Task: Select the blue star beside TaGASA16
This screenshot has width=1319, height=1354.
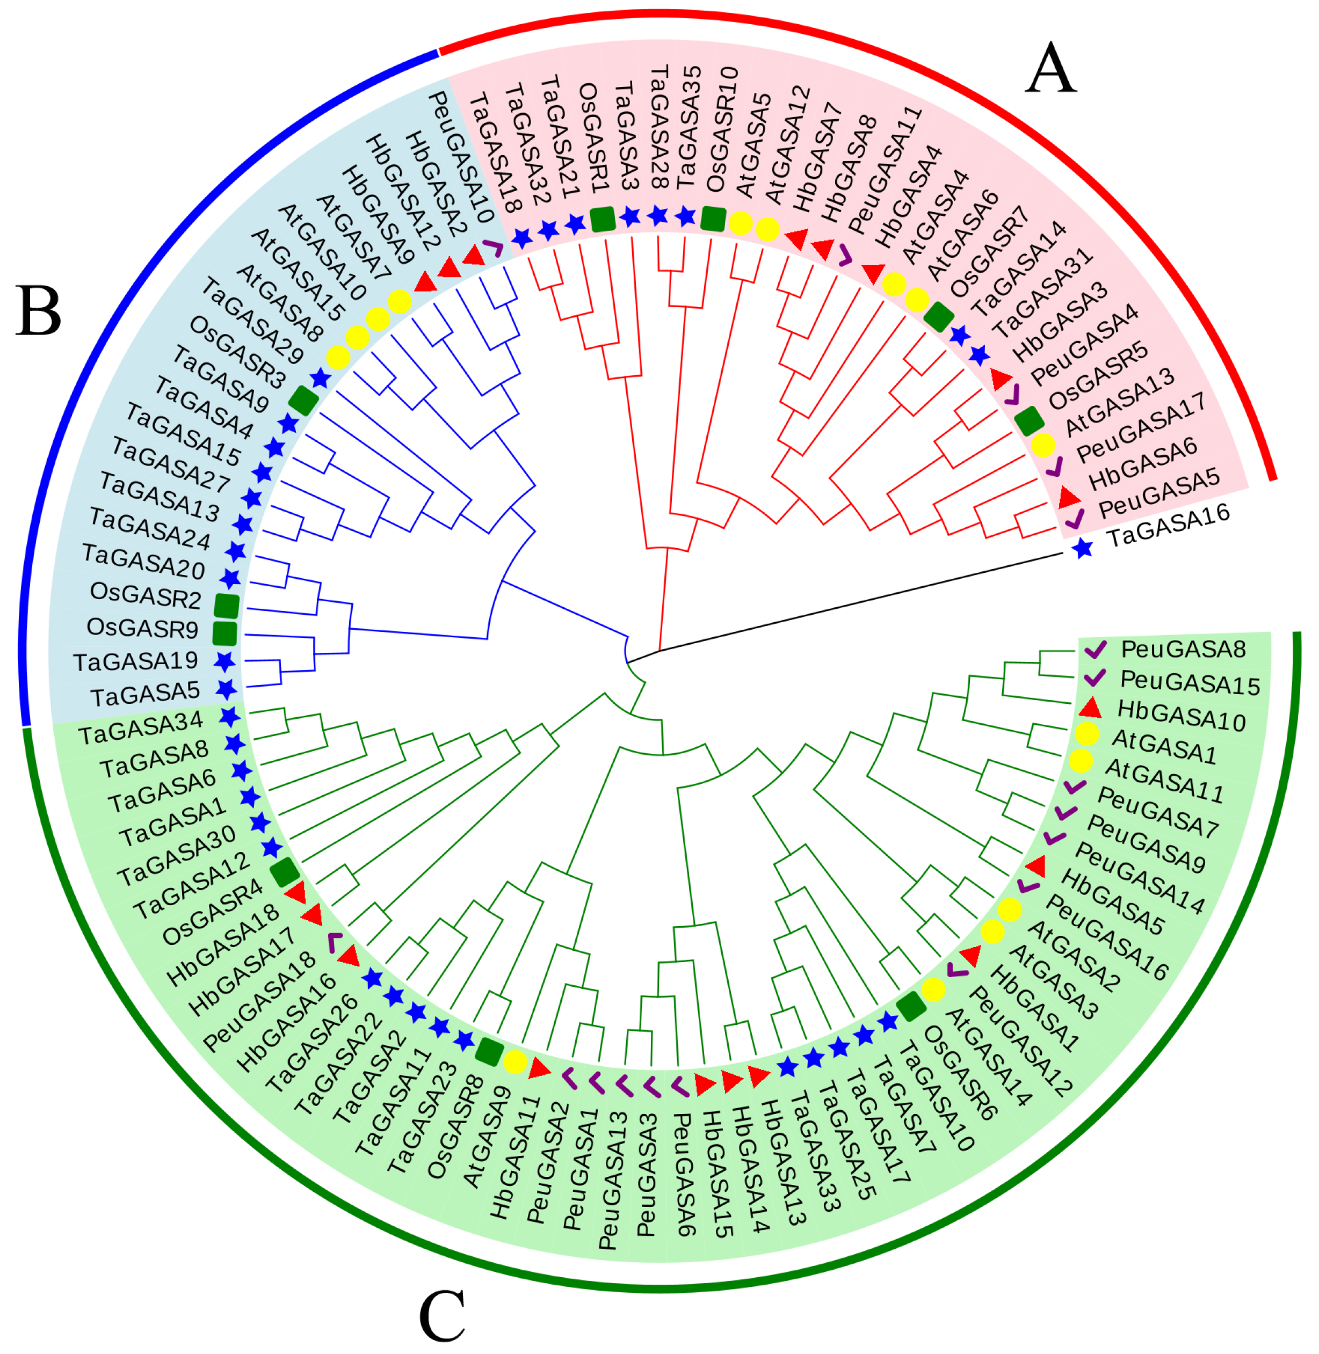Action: pyautogui.click(x=1083, y=549)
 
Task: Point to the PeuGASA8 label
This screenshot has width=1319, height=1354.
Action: pyautogui.click(x=1183, y=650)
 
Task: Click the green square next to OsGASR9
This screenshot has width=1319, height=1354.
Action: pyautogui.click(x=224, y=633)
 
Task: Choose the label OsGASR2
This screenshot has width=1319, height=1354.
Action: pyautogui.click(x=145, y=595)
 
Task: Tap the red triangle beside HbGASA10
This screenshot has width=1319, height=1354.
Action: pyautogui.click(x=1090, y=708)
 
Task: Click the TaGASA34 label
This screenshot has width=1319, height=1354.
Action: pyautogui.click(x=140, y=729)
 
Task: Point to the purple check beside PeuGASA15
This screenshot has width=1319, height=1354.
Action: pyautogui.click(x=1095, y=678)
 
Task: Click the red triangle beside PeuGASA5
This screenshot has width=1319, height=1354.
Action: pyautogui.click(x=1069, y=497)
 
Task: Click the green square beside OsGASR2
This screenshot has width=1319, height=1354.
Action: pyautogui.click(x=227, y=606)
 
